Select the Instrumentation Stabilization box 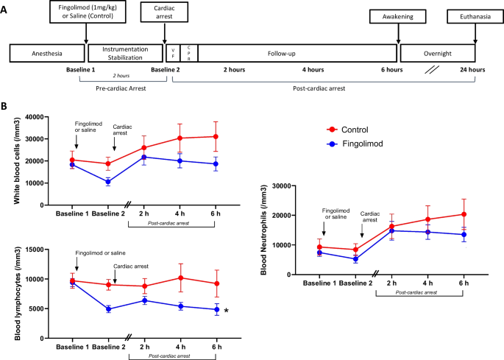pyautogui.click(x=124, y=54)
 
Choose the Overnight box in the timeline pyautogui.click(x=442, y=54)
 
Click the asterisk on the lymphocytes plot pyautogui.click(x=226, y=311)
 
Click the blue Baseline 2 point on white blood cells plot pyautogui.click(x=107, y=181)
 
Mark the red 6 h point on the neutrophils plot pyautogui.click(x=463, y=214)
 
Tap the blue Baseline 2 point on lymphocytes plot pyautogui.click(x=107, y=309)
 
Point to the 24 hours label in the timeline pyautogui.click(x=470, y=70)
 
